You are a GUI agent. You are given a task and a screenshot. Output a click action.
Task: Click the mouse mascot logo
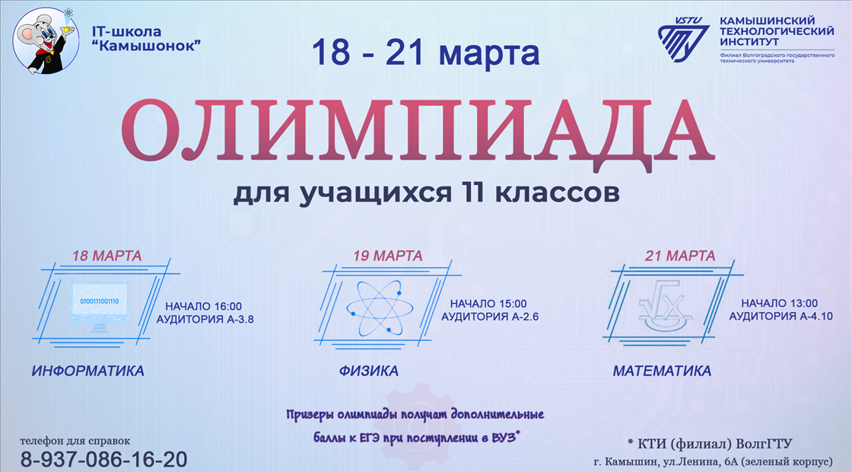point(46,41)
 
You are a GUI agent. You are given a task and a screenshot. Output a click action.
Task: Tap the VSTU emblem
point(684,39)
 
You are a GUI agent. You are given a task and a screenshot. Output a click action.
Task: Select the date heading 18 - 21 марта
point(425,53)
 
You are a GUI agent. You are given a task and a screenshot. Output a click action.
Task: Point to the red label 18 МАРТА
point(107,256)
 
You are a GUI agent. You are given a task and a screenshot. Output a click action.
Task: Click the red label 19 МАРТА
point(387,256)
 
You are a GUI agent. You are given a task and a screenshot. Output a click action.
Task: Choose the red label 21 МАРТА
point(680,256)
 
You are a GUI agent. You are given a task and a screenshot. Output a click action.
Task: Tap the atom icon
point(380,308)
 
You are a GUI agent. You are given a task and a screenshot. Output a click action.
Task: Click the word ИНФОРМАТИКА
point(88,371)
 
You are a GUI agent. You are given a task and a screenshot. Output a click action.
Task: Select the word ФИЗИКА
point(369,371)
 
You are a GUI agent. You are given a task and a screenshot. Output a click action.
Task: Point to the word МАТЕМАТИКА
point(662,371)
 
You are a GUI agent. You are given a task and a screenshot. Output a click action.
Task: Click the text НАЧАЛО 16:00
point(204,306)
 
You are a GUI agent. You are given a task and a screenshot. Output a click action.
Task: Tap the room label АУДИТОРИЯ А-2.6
point(490,317)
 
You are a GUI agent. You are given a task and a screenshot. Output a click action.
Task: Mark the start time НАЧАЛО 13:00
point(779,303)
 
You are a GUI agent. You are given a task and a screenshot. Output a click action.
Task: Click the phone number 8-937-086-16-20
point(103,460)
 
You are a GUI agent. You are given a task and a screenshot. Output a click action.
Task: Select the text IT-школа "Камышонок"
point(146,39)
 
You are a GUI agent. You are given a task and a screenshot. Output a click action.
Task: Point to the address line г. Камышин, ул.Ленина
point(663,461)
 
